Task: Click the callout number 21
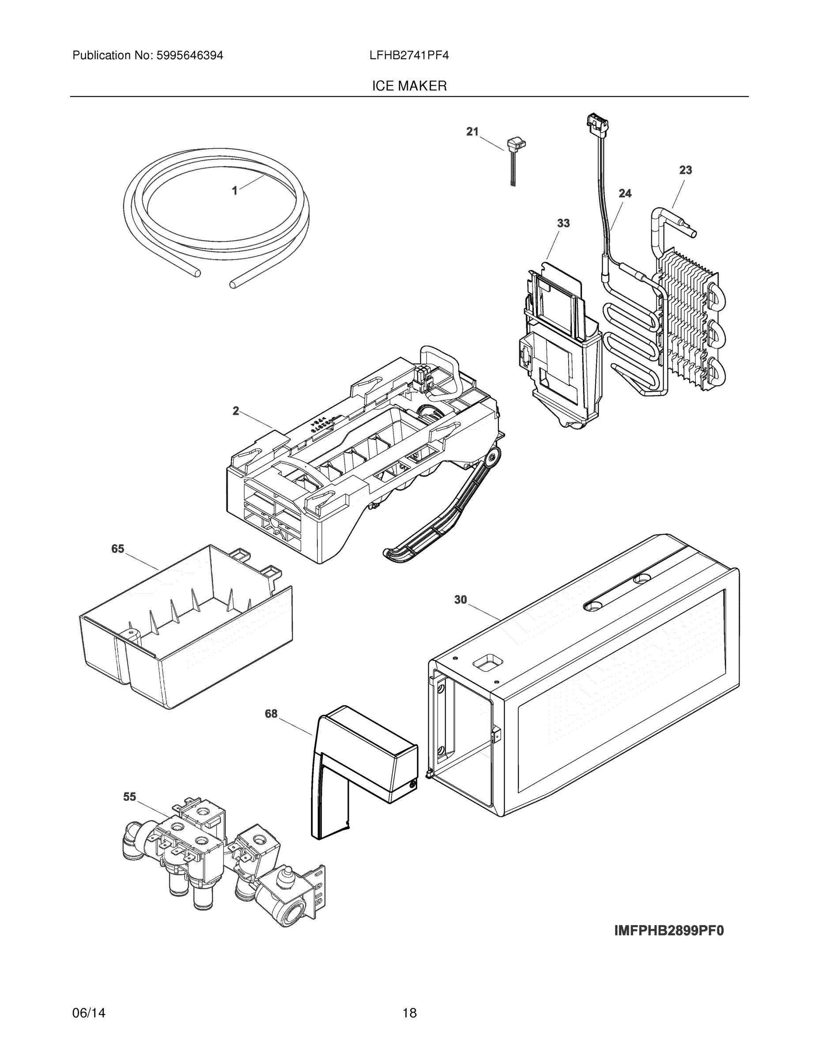click(x=472, y=131)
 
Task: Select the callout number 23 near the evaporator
click(x=685, y=170)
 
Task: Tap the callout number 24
click(x=625, y=193)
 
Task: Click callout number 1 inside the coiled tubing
click(x=235, y=191)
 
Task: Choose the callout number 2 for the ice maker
click(x=236, y=411)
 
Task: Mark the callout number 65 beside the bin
click(x=118, y=549)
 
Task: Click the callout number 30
click(x=460, y=600)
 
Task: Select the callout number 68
click(x=271, y=714)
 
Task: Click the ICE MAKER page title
click(x=409, y=86)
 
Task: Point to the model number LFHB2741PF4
click(x=409, y=56)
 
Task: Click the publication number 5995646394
click(x=190, y=56)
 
